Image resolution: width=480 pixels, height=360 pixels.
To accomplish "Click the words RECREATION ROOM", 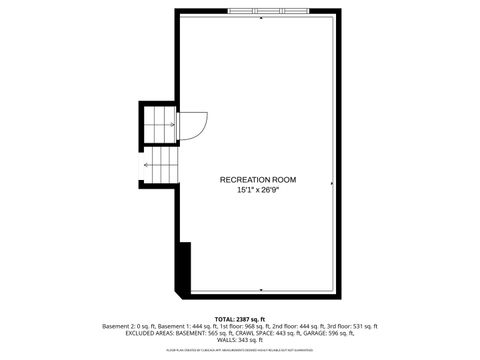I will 259,180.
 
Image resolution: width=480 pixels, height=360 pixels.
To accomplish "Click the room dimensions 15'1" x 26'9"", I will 258,190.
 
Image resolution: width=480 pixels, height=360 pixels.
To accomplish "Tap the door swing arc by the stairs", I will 194,126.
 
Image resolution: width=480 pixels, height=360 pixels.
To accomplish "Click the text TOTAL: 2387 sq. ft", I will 240,319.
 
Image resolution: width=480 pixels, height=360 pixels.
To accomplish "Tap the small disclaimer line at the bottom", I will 240,351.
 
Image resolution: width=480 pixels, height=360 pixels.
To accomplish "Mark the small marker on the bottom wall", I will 261,296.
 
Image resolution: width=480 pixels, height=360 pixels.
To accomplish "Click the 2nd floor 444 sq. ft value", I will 291,327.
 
